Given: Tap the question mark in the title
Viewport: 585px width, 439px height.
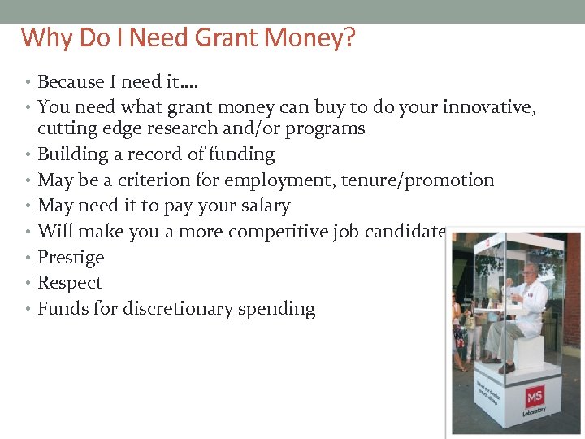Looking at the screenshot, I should (x=349, y=37).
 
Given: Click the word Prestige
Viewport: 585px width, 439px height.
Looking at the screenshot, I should (x=71, y=258).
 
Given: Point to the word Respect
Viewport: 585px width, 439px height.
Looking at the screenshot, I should (x=70, y=284).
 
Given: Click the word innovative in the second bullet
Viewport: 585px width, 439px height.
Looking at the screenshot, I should (x=492, y=106).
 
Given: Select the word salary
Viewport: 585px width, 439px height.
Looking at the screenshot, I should (x=262, y=206).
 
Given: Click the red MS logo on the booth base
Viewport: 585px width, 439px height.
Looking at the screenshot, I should (x=534, y=398).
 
